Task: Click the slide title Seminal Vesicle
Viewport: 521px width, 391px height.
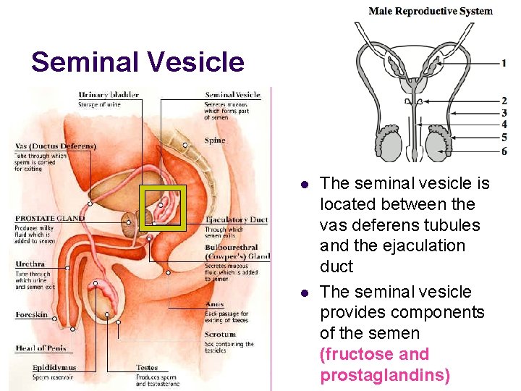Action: pyautogui.click(x=137, y=62)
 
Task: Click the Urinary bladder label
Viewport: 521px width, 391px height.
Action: pyautogui.click(x=109, y=95)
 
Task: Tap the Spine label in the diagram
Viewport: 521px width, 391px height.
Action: pyautogui.click(x=215, y=140)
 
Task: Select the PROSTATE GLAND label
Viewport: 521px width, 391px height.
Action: pyautogui.click(x=50, y=218)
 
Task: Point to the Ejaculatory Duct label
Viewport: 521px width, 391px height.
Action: pyautogui.click(x=237, y=219)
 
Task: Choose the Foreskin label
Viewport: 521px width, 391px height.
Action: pyautogui.click(x=32, y=315)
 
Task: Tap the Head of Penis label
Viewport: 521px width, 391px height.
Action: pyautogui.click(x=41, y=348)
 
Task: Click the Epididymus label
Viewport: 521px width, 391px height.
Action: pyautogui.click(x=54, y=368)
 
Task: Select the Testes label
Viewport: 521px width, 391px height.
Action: pyautogui.click(x=147, y=368)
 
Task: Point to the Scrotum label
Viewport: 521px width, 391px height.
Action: pyautogui.click(x=220, y=335)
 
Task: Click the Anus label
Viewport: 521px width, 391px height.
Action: pyautogui.click(x=213, y=305)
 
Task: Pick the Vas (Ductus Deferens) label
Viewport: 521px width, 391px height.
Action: pyautogui.click(x=55, y=146)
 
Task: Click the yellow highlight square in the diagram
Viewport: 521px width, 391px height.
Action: pyautogui.click(x=163, y=209)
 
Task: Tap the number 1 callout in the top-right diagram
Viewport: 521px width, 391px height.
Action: pyautogui.click(x=504, y=63)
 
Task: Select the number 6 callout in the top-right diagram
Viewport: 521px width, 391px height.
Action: pyautogui.click(x=504, y=151)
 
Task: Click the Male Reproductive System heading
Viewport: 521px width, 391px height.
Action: pyautogui.click(x=431, y=11)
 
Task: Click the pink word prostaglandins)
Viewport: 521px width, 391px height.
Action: pyautogui.click(x=385, y=375)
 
